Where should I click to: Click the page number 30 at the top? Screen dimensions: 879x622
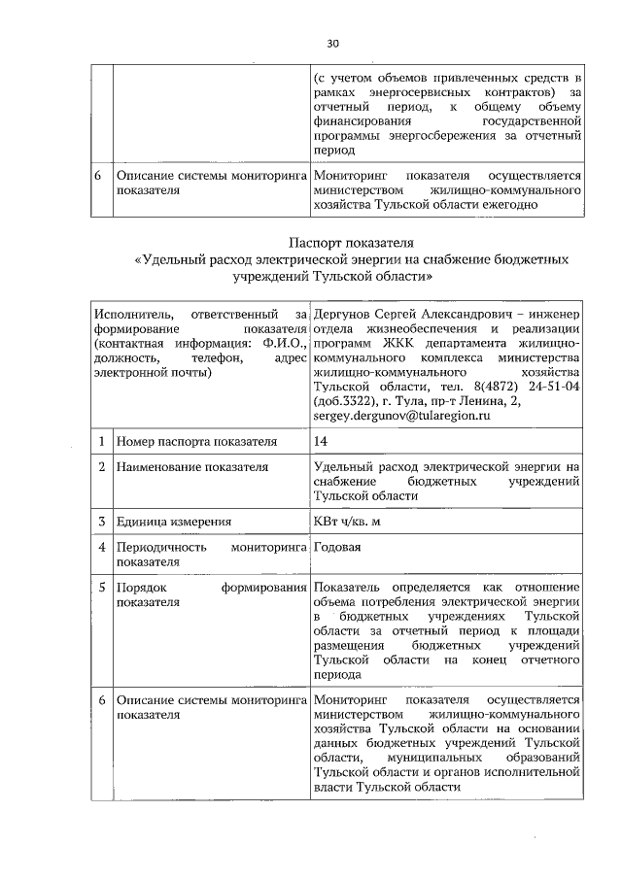pos(331,43)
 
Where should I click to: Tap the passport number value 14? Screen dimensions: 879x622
pos(321,442)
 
